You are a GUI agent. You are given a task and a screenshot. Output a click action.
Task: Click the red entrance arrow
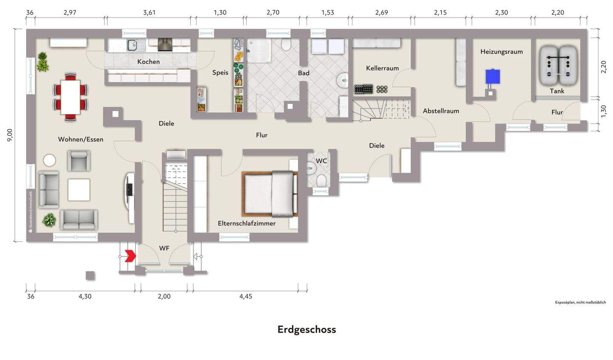[x=131, y=256]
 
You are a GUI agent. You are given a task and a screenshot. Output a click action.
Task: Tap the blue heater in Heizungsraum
[x=493, y=76]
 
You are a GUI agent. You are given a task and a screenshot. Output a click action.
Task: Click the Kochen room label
[x=148, y=62]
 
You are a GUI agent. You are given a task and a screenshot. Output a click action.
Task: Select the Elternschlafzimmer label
[x=246, y=223]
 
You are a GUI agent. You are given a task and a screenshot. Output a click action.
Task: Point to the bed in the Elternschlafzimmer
[x=270, y=194]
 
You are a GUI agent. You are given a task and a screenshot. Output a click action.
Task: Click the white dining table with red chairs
[x=71, y=97]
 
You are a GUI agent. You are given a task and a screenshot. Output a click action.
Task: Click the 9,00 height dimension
[x=10, y=135]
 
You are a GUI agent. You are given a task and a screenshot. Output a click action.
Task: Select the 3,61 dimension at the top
[x=149, y=12]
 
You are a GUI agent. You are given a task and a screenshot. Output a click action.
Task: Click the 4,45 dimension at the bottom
[x=246, y=297]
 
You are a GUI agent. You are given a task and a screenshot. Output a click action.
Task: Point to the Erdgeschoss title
[x=307, y=329]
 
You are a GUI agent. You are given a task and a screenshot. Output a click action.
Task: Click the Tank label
[x=557, y=91]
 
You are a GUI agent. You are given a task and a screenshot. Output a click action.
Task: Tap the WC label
[x=321, y=161]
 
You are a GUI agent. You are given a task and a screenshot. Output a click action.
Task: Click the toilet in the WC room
[x=321, y=181]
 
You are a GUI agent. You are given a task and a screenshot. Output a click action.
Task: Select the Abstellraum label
[x=441, y=111]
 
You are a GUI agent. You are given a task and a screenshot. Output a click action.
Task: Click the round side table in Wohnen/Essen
[x=49, y=160]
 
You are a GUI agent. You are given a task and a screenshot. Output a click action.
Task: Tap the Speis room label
[x=221, y=72]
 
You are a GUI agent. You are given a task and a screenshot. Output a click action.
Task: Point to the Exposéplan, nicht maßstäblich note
[x=581, y=302]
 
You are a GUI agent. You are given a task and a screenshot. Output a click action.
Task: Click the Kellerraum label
[x=382, y=68]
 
